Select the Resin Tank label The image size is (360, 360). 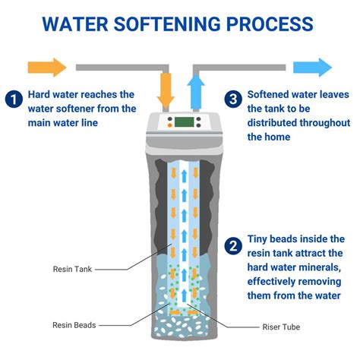[x=73, y=268]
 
